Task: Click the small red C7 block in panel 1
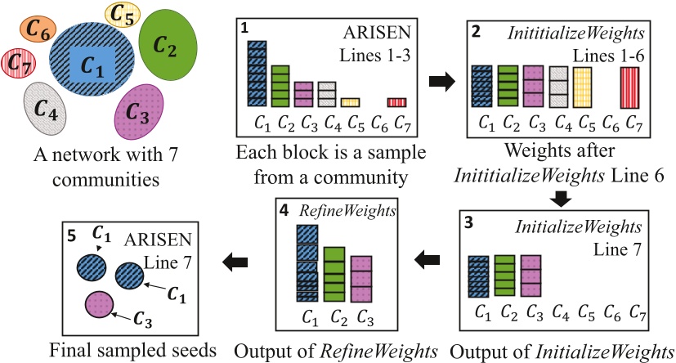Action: pyautogui.click(x=396, y=102)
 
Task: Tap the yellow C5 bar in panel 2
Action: pyautogui.click(x=582, y=88)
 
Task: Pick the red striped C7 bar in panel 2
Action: pyautogui.click(x=630, y=88)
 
